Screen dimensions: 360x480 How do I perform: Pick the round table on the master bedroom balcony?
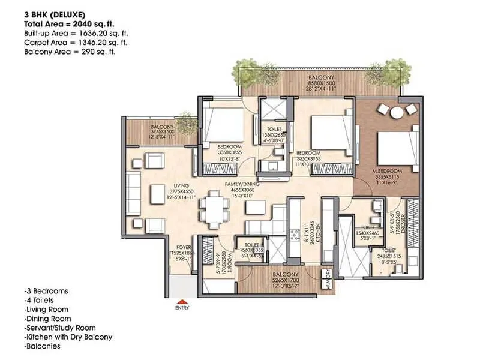tap(398, 112)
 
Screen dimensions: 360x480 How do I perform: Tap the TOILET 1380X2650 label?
tap(272, 135)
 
